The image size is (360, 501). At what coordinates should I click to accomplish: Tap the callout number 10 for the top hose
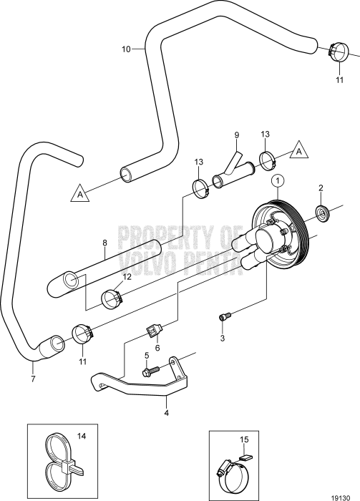tap(126, 49)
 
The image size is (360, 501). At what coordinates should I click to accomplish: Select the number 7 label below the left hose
tap(33, 369)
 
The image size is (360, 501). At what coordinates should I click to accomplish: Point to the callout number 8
tap(105, 243)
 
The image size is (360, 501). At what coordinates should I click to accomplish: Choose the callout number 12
tap(127, 276)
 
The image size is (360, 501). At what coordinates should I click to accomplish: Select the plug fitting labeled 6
tap(153, 330)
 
